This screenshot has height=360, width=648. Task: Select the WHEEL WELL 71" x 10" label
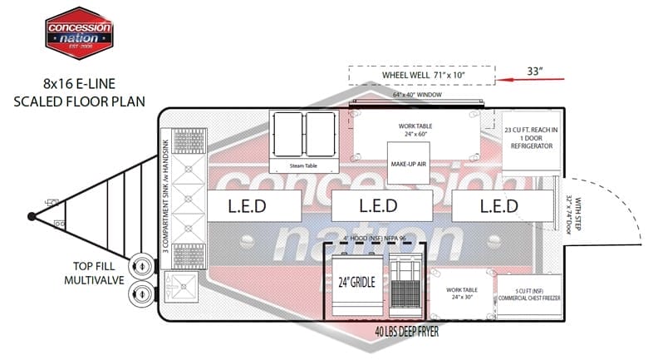[x=423, y=76]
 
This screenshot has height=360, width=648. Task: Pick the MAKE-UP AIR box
[x=408, y=164]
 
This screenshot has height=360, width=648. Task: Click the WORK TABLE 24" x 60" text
[x=415, y=130]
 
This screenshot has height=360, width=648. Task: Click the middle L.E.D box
[x=377, y=205]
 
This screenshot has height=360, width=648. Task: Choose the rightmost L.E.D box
[x=497, y=205]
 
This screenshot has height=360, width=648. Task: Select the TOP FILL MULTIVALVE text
[x=94, y=274]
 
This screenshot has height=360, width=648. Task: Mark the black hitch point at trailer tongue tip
[x=32, y=216]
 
